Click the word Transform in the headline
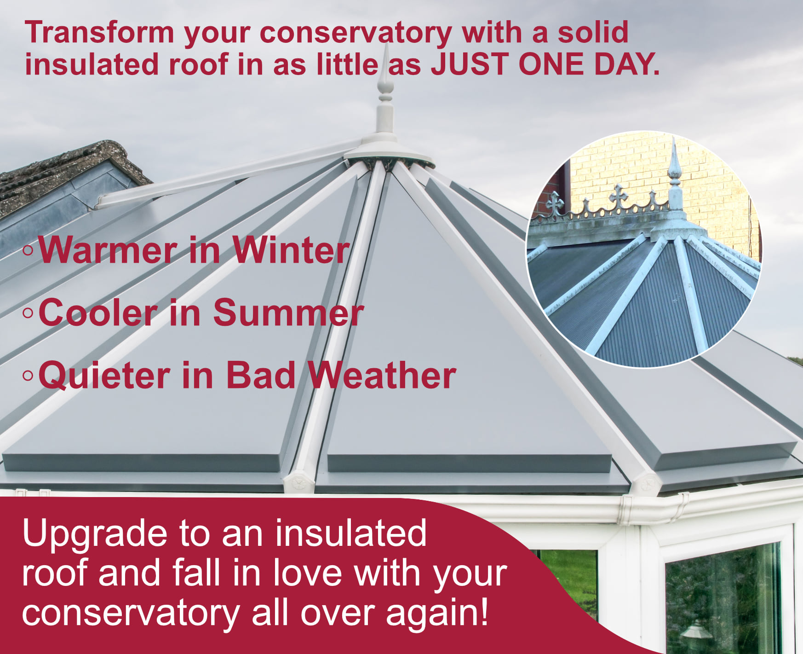coord(100,33)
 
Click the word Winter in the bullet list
coord(291,250)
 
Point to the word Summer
coord(288,313)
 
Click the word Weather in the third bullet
coord(382,376)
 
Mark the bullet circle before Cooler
coord(28,313)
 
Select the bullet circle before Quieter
coord(28,376)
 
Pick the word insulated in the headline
coord(92,64)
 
